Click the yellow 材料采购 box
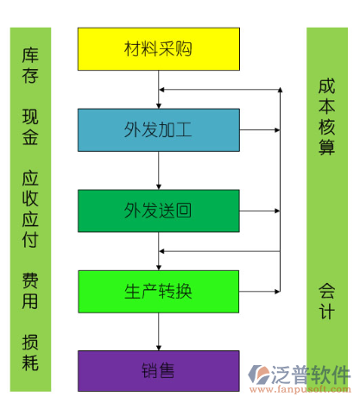point(159,49)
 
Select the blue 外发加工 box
point(159,130)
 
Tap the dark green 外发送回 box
point(159,211)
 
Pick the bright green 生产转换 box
point(159,292)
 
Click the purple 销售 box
point(159,371)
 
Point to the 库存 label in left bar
point(30,66)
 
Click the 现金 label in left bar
point(30,127)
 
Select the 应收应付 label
point(30,209)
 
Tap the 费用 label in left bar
point(30,291)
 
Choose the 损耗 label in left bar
point(30,352)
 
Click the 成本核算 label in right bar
point(327,116)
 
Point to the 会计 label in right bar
point(327,301)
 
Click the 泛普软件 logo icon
point(259,375)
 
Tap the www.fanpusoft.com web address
point(300,390)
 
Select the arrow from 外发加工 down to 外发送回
point(159,171)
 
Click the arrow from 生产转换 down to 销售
point(159,331)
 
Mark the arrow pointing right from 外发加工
point(260,130)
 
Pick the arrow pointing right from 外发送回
point(260,211)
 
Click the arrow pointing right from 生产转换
point(260,292)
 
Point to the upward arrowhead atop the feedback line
point(280,90)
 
